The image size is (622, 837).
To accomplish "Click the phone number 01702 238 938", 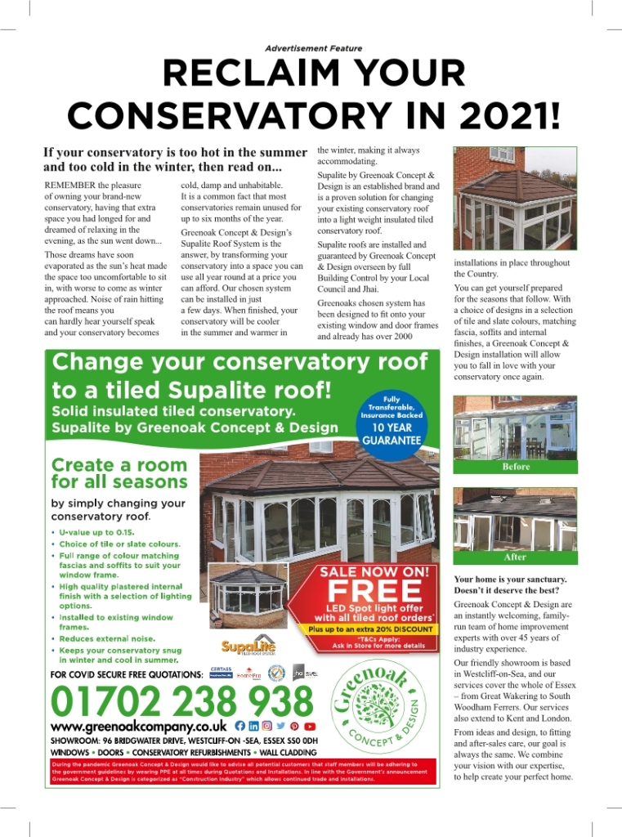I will (181, 701).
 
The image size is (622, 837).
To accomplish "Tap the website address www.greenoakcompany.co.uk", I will (138, 726).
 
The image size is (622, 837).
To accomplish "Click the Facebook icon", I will (239, 726).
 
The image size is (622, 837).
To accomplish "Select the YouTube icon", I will (310, 726).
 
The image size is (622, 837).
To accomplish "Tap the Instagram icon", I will (267, 726).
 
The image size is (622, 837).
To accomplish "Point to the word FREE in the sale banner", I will (374, 590).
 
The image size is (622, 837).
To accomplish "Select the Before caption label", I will (516, 467).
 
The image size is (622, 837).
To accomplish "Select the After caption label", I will (516, 557).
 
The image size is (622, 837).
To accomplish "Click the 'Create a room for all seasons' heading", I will (119, 473).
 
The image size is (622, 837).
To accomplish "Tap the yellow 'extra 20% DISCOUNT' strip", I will (370, 629).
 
